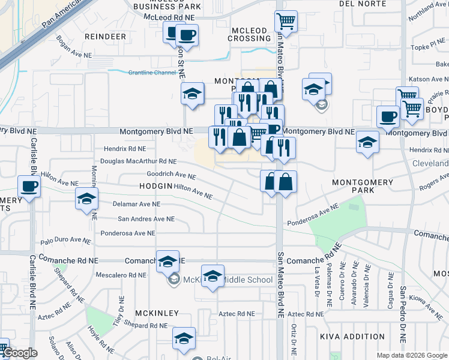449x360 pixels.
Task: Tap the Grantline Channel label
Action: pyautogui.click(x=152, y=73)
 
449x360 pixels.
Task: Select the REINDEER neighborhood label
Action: pyautogui.click(x=106, y=37)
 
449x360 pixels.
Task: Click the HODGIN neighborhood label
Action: pyautogui.click(x=155, y=187)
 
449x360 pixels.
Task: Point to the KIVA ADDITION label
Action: pyautogui.click(x=352, y=337)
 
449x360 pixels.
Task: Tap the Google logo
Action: pyautogui.click(x=19, y=353)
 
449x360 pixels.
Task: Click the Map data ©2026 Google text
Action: pyautogui.click(x=412, y=355)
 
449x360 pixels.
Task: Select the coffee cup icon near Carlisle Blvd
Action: pyautogui.click(x=29, y=187)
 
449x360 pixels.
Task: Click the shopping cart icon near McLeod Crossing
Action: pyautogui.click(x=286, y=22)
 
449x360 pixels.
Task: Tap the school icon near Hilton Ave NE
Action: pyautogui.click(x=86, y=199)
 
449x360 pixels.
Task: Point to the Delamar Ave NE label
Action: pyautogui.click(x=137, y=204)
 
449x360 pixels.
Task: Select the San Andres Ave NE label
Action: pyautogui.click(x=146, y=220)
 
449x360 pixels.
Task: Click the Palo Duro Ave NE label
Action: pyautogui.click(x=66, y=242)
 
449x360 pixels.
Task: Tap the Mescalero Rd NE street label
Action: pyautogui.click(x=121, y=275)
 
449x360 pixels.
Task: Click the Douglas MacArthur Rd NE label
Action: pyautogui.click(x=138, y=161)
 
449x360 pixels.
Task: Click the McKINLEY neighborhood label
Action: pyautogui.click(x=157, y=313)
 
